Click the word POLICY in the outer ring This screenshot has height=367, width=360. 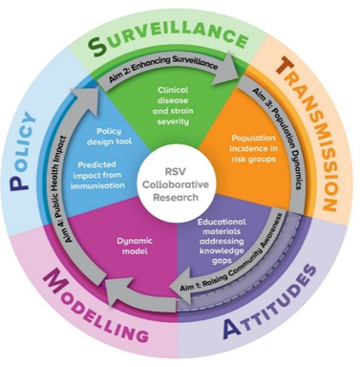pyautogui.click(x=22, y=150)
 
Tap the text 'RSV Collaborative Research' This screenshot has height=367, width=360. pyautogui.click(x=176, y=184)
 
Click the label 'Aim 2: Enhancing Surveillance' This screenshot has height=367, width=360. pyautogui.click(x=163, y=69)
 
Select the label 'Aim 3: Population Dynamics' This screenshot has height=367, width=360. pyautogui.click(x=280, y=137)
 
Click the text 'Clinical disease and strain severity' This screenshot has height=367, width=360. pyautogui.click(x=173, y=105)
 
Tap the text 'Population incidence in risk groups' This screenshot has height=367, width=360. pyautogui.click(x=253, y=148)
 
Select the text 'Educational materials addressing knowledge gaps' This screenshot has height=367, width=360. pyautogui.click(x=222, y=241)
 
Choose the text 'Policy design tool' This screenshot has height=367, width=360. pyautogui.click(x=109, y=136)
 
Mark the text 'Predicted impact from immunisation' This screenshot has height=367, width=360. pyautogui.click(x=97, y=175)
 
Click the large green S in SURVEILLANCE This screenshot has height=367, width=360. pyautogui.click(x=97, y=44)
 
